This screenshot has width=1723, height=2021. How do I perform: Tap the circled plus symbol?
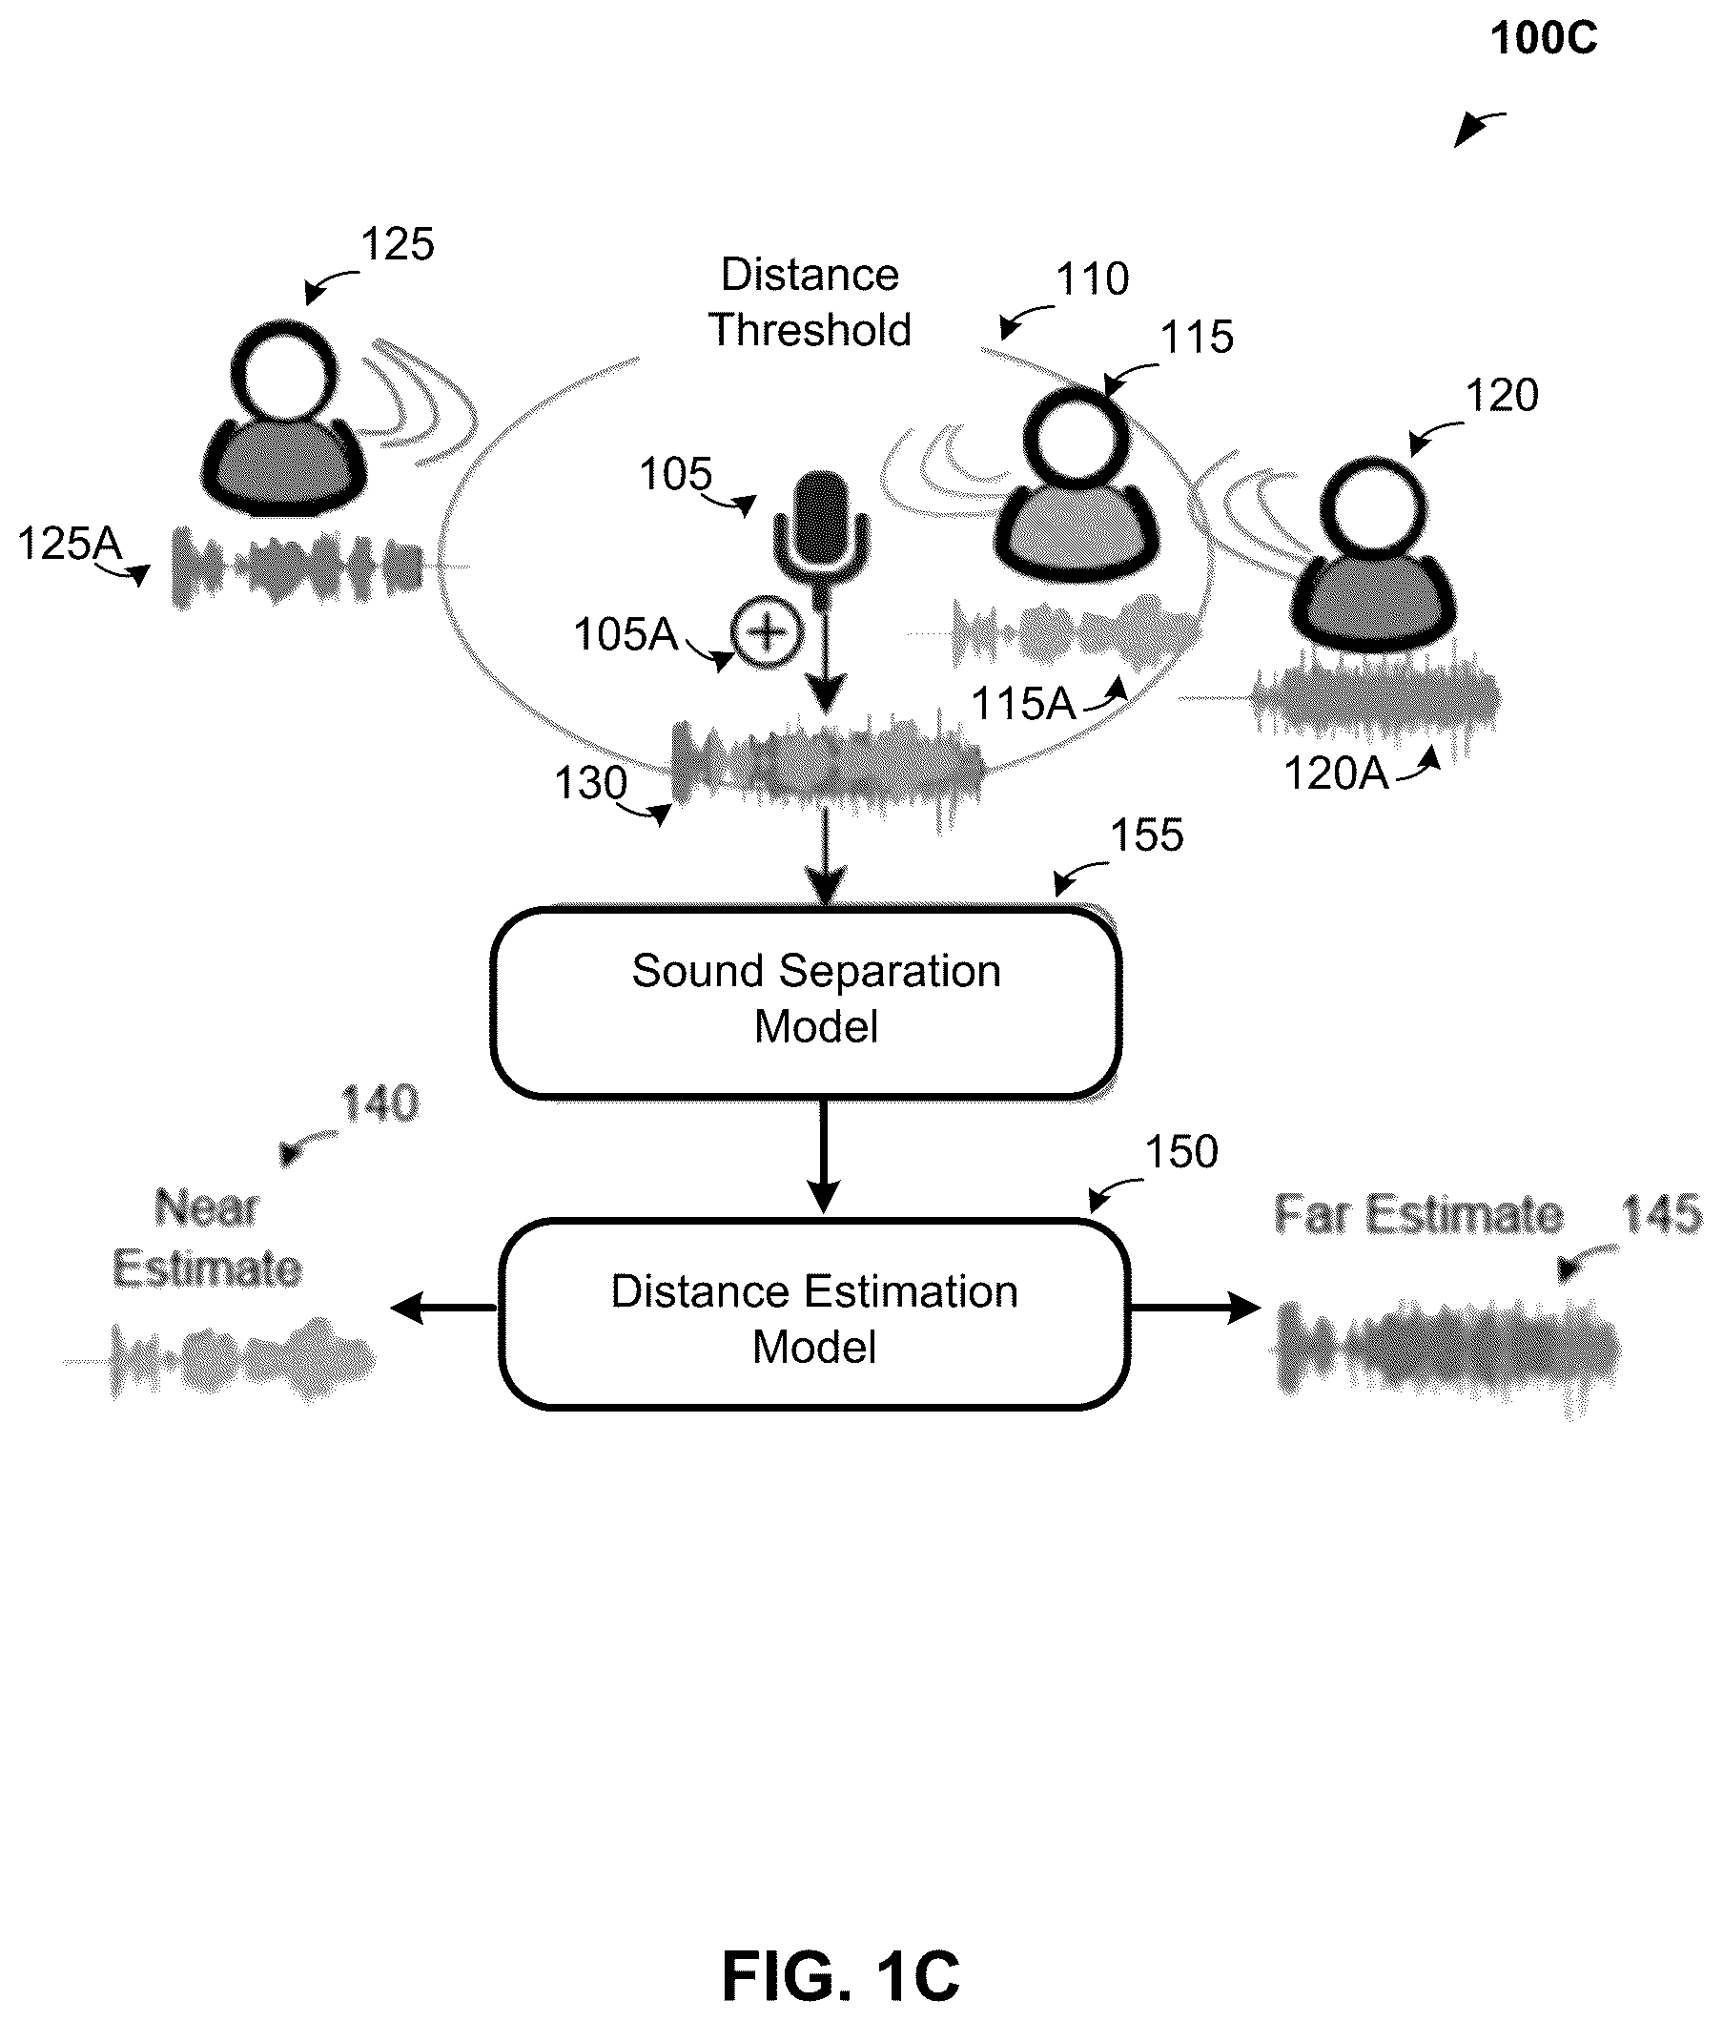coord(768,632)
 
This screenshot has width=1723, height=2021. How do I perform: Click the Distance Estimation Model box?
coord(814,1314)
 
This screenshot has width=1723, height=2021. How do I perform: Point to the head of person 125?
coord(285,372)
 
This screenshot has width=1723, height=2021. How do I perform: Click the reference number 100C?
coord(1544,39)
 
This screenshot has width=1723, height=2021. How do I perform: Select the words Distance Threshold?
coord(810,302)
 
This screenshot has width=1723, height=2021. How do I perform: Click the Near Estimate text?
coord(207,1239)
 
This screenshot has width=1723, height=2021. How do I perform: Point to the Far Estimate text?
coord(1419,1215)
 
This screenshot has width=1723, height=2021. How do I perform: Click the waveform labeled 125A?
coord(298,567)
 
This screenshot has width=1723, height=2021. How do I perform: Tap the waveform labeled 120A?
coord(1376,698)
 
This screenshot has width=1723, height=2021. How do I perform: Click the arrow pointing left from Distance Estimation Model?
coord(444,1307)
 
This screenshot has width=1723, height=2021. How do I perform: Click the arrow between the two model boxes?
coord(824,1157)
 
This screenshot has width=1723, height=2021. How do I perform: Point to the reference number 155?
coord(1147,835)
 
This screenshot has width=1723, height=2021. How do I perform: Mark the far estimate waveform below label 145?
coord(1445,1353)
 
